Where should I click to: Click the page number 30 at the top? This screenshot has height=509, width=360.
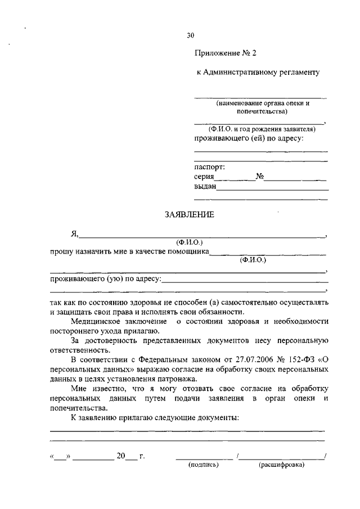point(190,35)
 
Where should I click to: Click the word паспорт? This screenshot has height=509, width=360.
point(209,167)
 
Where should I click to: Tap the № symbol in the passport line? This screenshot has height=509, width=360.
point(259,177)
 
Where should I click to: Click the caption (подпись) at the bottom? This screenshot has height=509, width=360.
point(203,465)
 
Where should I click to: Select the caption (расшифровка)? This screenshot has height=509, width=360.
point(281,465)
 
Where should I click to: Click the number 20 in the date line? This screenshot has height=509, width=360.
point(120,456)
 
